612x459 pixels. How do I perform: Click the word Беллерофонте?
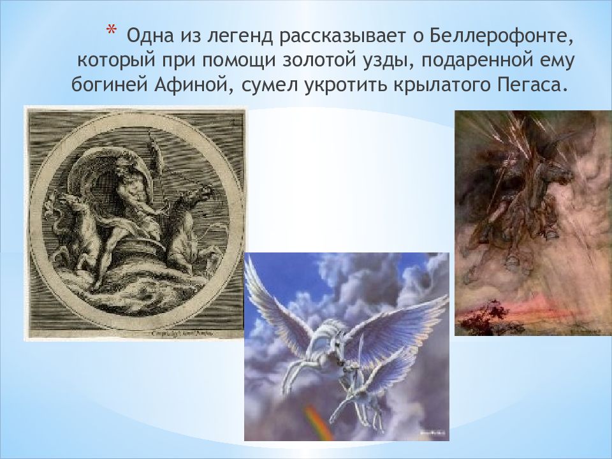504,36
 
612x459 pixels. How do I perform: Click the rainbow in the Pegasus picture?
318,421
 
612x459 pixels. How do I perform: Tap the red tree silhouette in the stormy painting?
483,314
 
